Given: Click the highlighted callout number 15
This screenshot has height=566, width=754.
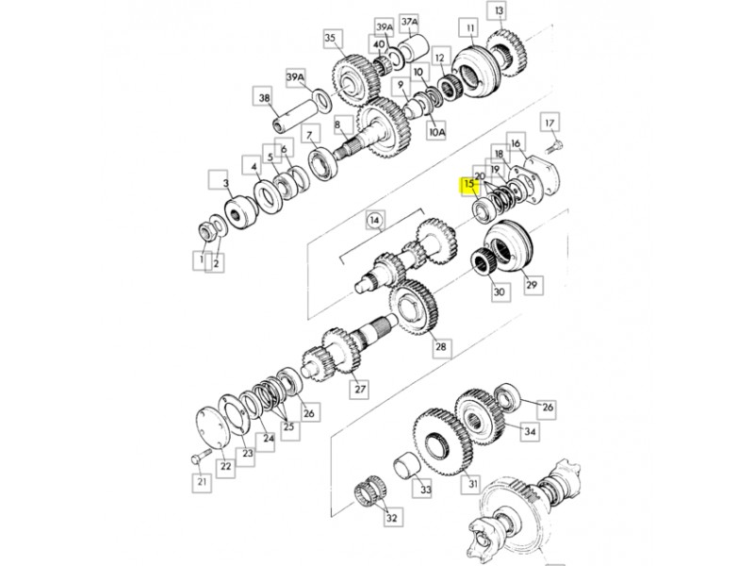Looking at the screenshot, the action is [x=469, y=183].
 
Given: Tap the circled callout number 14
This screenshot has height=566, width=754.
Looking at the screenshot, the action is [x=375, y=221].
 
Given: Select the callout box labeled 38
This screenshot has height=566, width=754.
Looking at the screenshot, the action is [x=265, y=98].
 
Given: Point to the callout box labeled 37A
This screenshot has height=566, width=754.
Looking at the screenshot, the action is [x=409, y=22].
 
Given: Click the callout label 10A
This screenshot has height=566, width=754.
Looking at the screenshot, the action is [x=436, y=131].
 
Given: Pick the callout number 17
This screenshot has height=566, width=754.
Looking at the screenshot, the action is [x=549, y=124].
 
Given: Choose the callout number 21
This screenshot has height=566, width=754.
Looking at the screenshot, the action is [x=202, y=482].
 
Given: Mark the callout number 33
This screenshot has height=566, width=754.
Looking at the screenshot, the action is [x=426, y=490].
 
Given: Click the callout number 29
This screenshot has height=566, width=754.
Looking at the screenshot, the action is [x=532, y=285].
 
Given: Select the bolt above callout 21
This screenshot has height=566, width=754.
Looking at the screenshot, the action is [x=201, y=456].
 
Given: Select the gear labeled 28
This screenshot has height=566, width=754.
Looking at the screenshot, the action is [x=413, y=308].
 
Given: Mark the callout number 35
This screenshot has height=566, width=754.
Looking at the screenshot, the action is [x=330, y=38].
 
